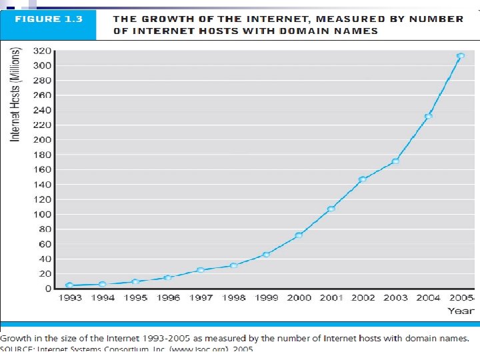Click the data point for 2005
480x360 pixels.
coord(461,56)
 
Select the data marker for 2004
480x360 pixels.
coord(428,116)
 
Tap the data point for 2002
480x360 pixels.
coord(363,179)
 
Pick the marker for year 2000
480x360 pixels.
coord(298,235)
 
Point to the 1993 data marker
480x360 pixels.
coord(69,285)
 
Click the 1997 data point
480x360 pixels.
coord(200,270)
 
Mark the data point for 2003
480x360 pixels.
coord(395,161)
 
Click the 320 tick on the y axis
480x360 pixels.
coord(43,51)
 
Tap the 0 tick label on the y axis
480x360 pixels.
coord(48,289)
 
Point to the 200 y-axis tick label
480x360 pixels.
coord(43,140)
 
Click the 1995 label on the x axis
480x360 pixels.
coord(135,298)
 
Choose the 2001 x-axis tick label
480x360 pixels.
coord(331,298)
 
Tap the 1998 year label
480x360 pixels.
coord(233,298)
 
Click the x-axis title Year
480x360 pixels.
coord(461,311)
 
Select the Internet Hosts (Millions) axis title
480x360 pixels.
coord(15,94)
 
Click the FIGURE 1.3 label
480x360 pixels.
coord(49,19)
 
